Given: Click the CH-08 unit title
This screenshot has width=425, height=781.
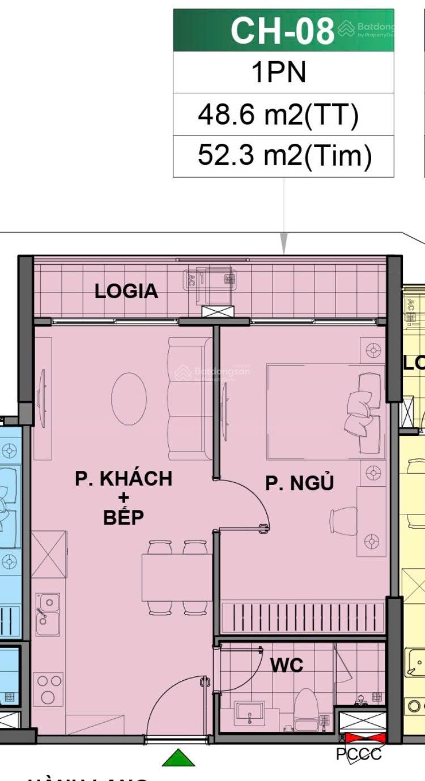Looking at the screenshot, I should [282, 31].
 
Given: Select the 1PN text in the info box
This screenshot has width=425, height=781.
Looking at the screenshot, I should [279, 72].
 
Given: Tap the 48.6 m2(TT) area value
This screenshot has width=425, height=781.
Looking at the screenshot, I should [278, 115].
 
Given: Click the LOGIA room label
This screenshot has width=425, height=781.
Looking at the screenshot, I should [126, 291].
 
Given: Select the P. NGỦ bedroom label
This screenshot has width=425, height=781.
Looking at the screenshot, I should [300, 483].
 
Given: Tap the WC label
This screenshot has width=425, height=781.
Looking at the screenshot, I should [286, 666].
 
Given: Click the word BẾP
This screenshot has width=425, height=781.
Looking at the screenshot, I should [124, 517].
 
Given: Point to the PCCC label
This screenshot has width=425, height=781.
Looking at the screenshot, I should [359, 754].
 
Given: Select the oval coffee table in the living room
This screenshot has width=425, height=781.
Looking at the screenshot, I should [129, 398].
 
